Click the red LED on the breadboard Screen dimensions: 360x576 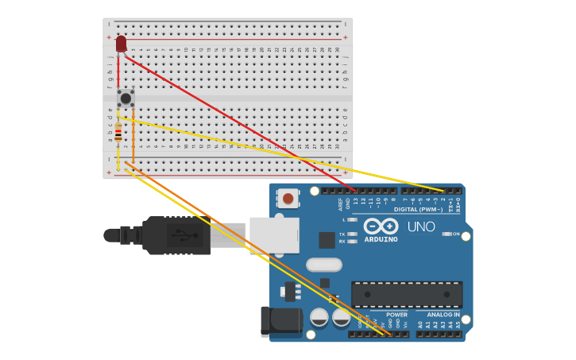pos(121,44)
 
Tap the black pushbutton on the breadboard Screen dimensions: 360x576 pos(126,98)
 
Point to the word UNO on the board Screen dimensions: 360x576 pos(421,226)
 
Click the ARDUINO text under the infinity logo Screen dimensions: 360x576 pos(381,239)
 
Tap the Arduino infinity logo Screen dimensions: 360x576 pos(381,226)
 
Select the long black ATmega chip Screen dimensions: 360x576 pos(407,294)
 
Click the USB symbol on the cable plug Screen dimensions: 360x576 pos(184,235)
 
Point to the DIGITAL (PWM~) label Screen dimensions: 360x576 pos(418,209)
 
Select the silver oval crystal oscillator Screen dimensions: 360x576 pos(323,265)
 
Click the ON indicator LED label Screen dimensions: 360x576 pos(456,234)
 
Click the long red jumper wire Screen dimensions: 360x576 pos(238,124)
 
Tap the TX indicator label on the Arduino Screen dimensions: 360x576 pos(342,234)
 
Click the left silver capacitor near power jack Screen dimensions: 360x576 pos(319,317)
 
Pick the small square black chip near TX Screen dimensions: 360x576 pos(327,240)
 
